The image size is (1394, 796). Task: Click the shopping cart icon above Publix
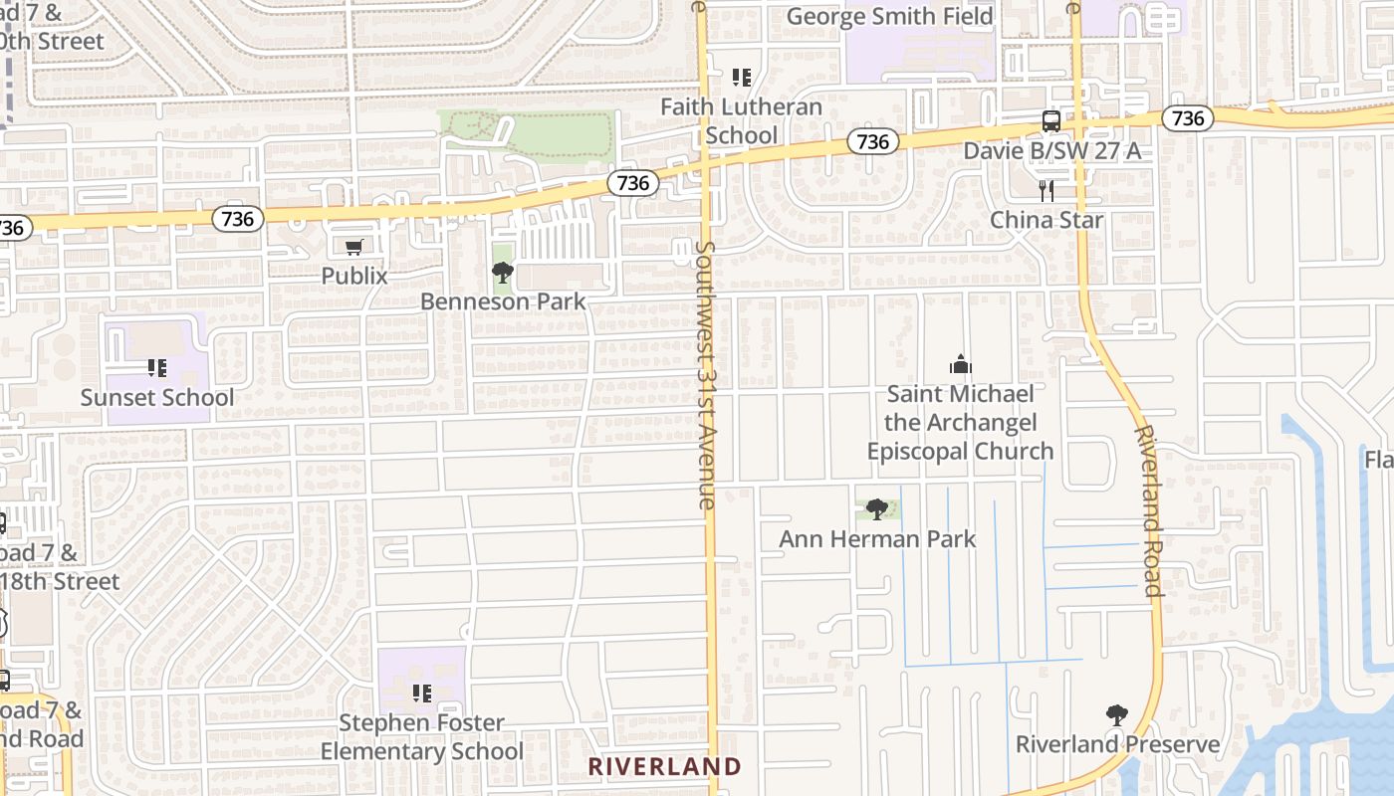click(x=353, y=247)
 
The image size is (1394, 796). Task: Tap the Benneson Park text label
click(x=503, y=300)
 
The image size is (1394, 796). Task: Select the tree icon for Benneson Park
click(x=503, y=272)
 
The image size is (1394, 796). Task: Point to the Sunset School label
click(x=157, y=397)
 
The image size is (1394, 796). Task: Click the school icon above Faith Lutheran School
click(x=741, y=77)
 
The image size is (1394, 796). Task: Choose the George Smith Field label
click(x=889, y=17)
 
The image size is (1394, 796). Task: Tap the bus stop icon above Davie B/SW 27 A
click(x=1050, y=121)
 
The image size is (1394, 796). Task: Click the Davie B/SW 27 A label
click(x=1051, y=150)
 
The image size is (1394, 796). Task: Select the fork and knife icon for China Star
click(x=1046, y=191)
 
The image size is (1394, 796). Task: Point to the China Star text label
click(x=1046, y=219)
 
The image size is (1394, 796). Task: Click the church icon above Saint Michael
click(x=960, y=364)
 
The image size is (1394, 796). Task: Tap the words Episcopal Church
click(x=960, y=451)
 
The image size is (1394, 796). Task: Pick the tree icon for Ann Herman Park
click(x=877, y=509)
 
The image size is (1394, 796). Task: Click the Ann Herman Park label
click(x=877, y=538)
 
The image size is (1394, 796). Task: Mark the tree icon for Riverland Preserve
click(x=1117, y=714)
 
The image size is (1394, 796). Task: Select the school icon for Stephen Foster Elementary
click(x=421, y=693)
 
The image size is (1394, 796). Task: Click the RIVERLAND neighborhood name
click(x=665, y=766)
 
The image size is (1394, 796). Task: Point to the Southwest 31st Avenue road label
click(x=706, y=374)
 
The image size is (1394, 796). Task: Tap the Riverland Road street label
click(x=1148, y=510)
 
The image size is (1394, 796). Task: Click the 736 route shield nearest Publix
click(x=238, y=218)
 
